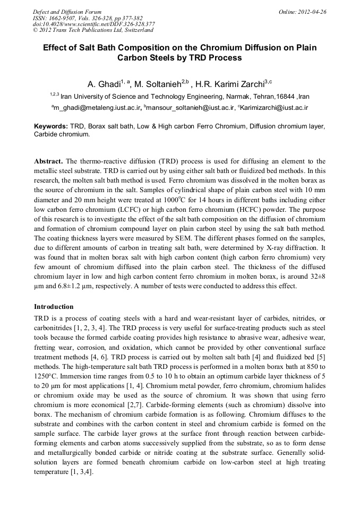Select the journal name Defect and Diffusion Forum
point(67,11)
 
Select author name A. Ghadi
point(104,84)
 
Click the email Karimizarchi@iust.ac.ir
point(276,108)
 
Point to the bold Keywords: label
point(51,127)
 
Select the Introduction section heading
point(54,307)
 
